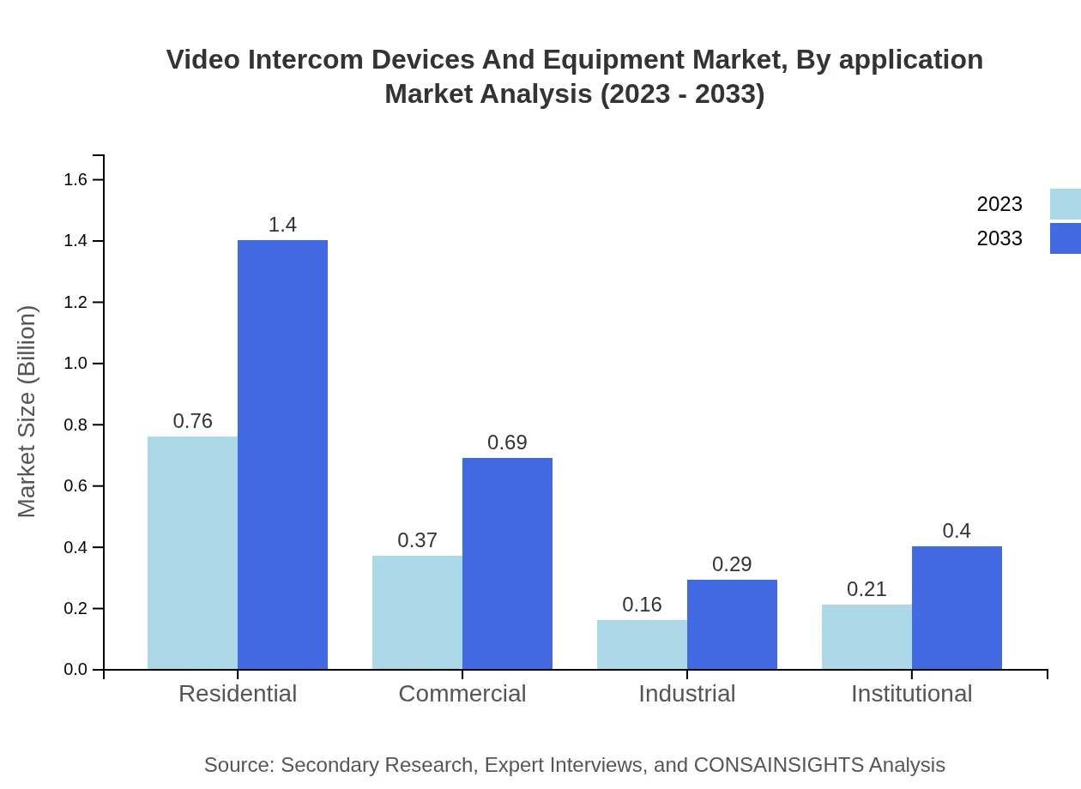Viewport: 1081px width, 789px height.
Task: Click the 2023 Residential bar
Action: (192, 553)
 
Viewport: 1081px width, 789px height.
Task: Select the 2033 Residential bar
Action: (282, 455)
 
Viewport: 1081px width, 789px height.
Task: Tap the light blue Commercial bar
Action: (417, 612)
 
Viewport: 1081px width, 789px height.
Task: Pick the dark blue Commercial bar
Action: (507, 563)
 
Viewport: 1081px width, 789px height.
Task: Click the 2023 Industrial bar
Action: (642, 644)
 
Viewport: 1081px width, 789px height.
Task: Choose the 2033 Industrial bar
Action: (732, 624)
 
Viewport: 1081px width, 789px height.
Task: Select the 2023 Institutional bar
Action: (867, 636)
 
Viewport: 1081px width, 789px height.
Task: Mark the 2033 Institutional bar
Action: (957, 607)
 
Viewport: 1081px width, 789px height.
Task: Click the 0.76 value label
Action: (192, 421)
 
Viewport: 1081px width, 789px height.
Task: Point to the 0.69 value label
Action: (507, 443)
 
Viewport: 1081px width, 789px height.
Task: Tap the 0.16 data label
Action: (642, 605)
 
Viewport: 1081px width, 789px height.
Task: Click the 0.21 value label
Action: (867, 589)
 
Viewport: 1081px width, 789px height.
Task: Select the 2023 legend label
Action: (999, 204)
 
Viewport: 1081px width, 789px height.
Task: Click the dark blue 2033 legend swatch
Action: (1066, 238)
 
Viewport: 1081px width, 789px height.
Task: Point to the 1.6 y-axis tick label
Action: (76, 179)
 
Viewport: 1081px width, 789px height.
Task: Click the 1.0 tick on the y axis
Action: (76, 364)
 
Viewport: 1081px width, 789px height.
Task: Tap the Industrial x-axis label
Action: (686, 694)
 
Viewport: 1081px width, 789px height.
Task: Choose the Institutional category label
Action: (911, 694)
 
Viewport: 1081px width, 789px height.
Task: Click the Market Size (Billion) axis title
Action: (27, 412)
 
